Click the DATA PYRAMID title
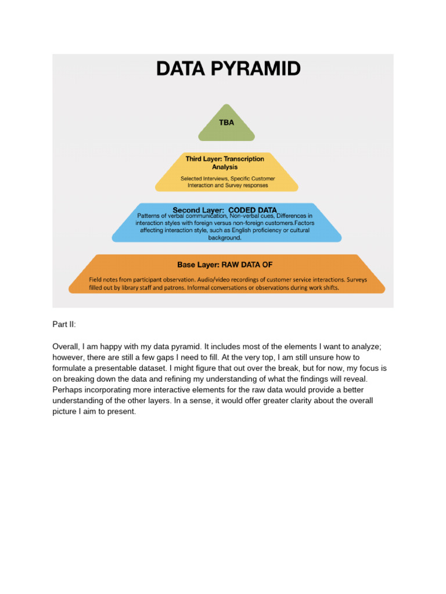(228, 69)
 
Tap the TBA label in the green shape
(226, 123)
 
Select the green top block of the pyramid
(226, 132)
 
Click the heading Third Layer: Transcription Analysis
(225, 162)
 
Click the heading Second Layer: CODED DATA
(225, 209)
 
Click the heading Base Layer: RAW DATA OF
(225, 265)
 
